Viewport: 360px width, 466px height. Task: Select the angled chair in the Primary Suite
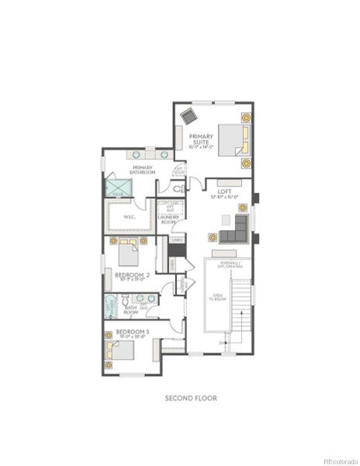point(189,115)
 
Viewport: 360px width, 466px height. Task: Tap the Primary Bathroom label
point(144,170)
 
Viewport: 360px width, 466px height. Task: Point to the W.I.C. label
point(130,217)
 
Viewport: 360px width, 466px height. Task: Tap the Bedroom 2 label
point(133,275)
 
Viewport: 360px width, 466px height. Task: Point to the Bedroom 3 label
point(133,332)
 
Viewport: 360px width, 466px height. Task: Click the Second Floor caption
point(191,398)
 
